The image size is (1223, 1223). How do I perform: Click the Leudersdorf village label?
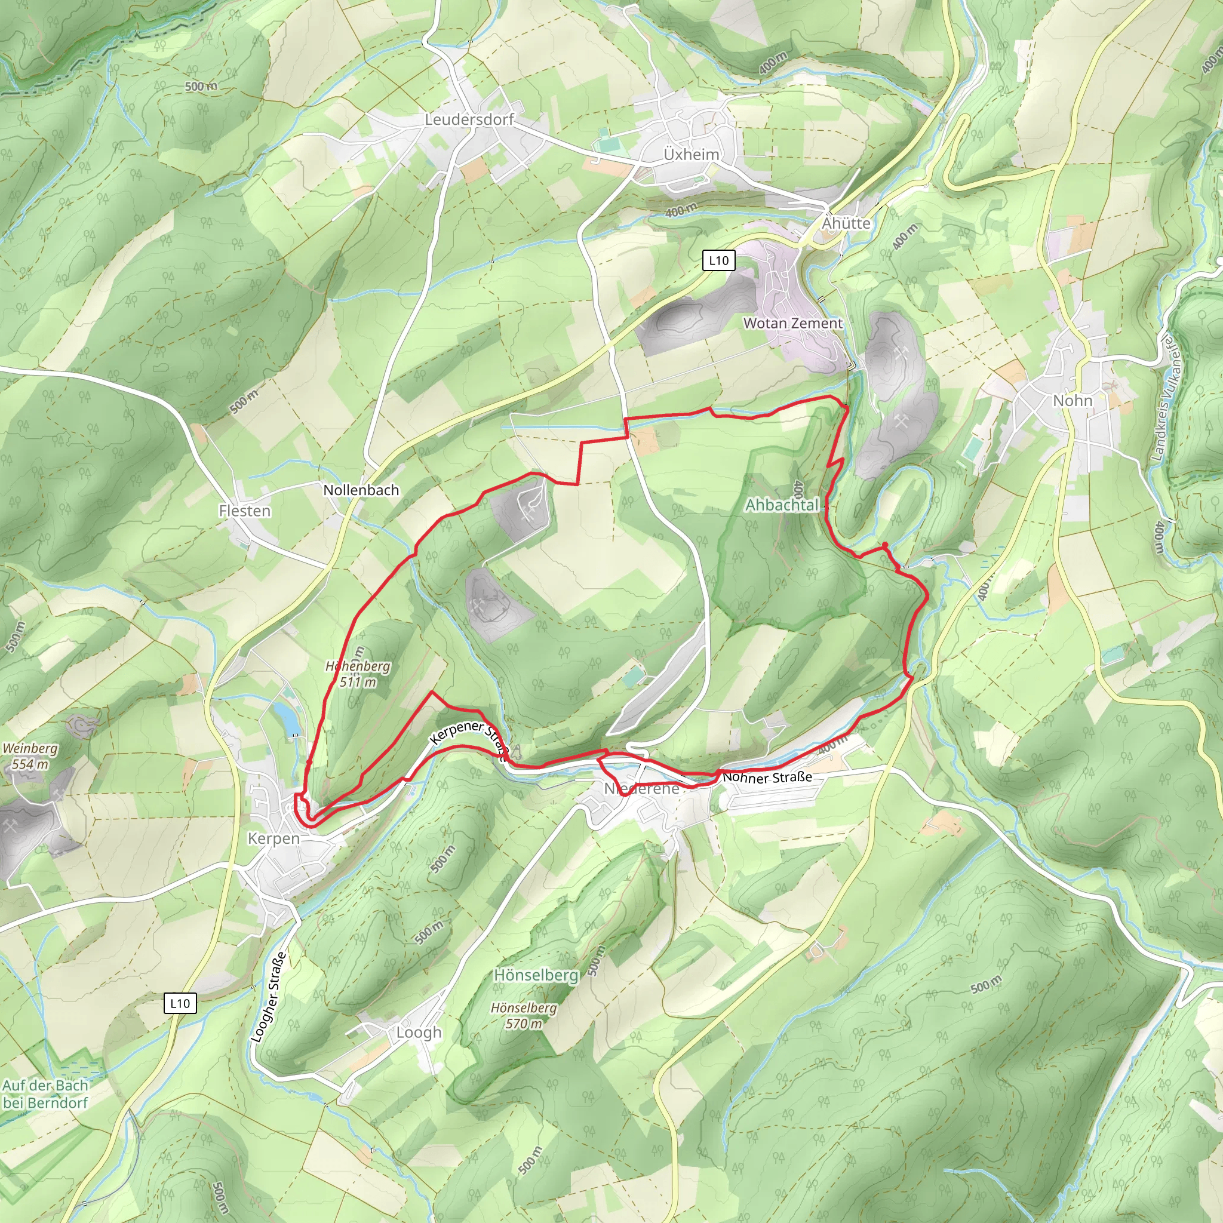(469, 119)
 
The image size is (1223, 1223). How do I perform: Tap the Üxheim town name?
(692, 155)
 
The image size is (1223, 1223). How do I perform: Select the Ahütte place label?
(846, 223)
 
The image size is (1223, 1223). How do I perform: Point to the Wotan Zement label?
(792, 324)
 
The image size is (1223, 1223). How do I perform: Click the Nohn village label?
(1073, 401)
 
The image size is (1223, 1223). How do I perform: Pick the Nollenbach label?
(361, 490)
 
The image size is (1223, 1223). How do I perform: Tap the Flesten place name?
(244, 511)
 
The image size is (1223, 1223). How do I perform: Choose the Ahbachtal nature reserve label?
(782, 505)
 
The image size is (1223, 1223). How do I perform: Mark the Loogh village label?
(419, 1033)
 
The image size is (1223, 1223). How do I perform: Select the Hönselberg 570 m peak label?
(524, 1015)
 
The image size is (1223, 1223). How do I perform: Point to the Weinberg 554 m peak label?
(30, 756)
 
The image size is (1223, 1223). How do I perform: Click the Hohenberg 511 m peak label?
(358, 674)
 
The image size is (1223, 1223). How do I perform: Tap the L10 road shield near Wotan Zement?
(718, 260)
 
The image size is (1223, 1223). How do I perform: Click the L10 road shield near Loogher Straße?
(180, 1003)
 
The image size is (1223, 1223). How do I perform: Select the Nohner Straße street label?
(767, 777)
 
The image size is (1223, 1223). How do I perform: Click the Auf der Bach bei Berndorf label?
(45, 1094)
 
